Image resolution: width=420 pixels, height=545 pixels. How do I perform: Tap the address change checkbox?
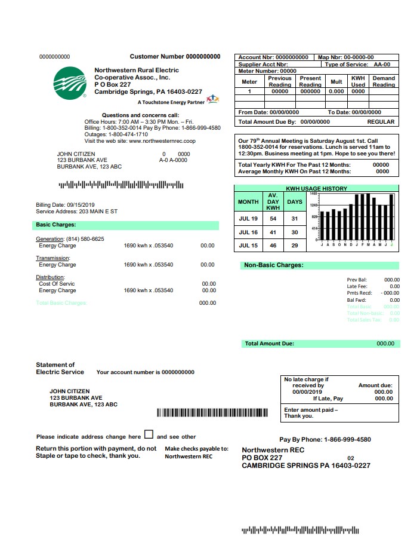point(149,435)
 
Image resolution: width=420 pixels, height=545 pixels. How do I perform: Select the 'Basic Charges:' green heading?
point(52,225)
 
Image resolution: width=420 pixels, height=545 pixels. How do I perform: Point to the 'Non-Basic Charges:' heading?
point(274,265)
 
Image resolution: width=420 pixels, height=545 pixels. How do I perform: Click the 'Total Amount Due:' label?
point(269,344)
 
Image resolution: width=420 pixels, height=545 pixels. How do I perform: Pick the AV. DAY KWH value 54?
point(273,219)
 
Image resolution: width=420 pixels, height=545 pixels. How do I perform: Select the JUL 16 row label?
point(248,232)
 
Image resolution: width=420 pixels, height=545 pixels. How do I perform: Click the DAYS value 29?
point(294,246)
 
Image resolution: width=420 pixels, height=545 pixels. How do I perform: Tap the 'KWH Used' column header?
point(358,81)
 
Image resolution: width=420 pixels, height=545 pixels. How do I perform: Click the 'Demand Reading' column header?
point(384,81)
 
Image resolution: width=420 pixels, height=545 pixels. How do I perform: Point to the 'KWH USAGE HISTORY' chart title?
point(316,189)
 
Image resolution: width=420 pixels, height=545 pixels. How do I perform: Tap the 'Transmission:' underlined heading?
point(52,258)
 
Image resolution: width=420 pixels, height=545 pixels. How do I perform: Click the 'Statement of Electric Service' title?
point(55,368)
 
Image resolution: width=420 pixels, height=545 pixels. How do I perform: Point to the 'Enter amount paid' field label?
point(311,410)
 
